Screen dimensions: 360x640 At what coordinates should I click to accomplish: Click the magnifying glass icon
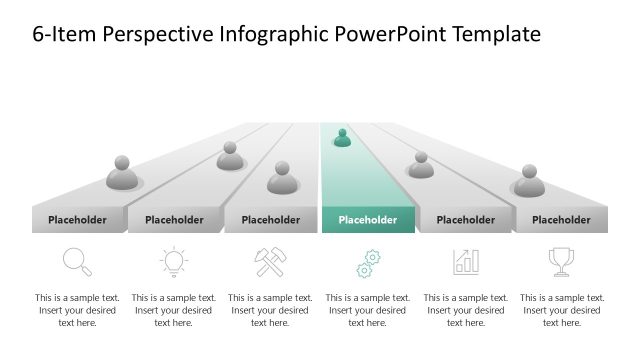click(77, 262)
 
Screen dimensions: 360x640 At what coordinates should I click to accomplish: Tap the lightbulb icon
click(174, 262)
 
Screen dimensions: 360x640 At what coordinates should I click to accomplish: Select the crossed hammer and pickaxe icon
click(271, 262)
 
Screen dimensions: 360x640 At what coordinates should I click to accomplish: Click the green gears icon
click(368, 264)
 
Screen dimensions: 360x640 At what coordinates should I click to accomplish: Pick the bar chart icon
click(466, 262)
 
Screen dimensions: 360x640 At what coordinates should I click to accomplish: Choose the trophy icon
click(561, 262)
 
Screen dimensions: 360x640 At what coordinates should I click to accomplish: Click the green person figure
click(342, 138)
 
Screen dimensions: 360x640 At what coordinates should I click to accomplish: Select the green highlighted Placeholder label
click(368, 220)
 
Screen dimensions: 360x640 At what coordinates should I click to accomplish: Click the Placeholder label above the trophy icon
click(561, 220)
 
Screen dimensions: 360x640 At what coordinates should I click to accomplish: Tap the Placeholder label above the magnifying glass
click(77, 220)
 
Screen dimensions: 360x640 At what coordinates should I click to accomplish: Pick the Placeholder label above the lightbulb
click(174, 220)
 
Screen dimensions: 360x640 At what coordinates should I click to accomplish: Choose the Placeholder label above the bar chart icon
click(466, 220)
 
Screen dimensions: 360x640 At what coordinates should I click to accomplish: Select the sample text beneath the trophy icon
click(561, 310)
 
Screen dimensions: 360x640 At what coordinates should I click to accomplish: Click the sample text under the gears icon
click(368, 310)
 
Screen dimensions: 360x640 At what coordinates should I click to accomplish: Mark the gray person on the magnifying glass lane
click(122, 174)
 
